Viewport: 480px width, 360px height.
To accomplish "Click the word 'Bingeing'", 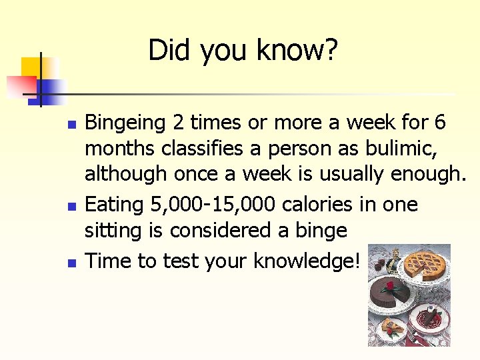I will [125, 124].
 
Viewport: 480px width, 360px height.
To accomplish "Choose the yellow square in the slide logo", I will [31, 67].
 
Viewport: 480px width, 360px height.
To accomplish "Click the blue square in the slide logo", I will [50, 89].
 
